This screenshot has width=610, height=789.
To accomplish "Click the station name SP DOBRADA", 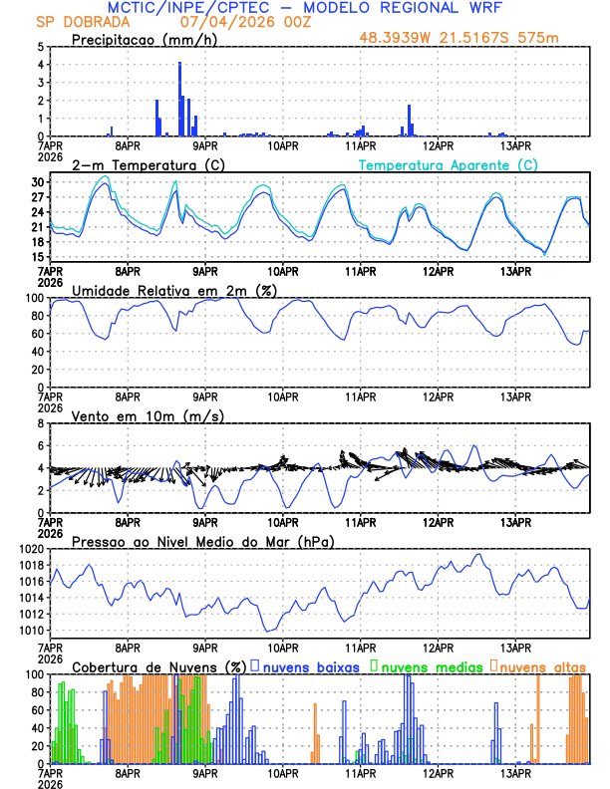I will [78, 22].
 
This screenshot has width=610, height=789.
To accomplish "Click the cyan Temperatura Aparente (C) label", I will [448, 164].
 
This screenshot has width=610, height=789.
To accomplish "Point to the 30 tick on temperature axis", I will [39, 182].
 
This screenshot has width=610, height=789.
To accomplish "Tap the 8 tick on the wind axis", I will [41, 423].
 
